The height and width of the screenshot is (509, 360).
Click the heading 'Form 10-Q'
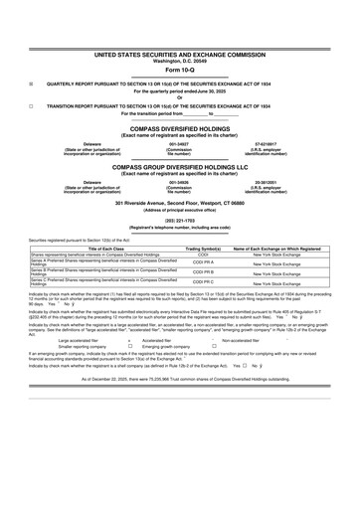(180, 71)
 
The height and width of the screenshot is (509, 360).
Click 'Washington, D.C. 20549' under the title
(180, 62)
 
